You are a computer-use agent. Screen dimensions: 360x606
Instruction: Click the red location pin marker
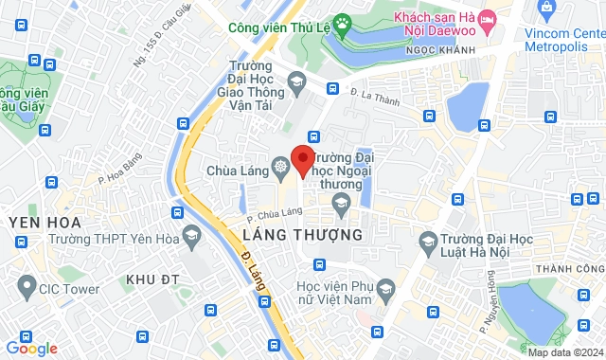[x=303, y=159]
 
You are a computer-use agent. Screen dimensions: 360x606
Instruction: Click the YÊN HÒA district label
[x=42, y=222]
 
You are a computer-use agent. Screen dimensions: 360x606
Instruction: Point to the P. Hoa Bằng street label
[x=120, y=169]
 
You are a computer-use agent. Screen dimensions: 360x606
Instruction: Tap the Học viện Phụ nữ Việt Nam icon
[x=384, y=289]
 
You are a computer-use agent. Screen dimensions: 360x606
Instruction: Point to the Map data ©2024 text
[x=564, y=353]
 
